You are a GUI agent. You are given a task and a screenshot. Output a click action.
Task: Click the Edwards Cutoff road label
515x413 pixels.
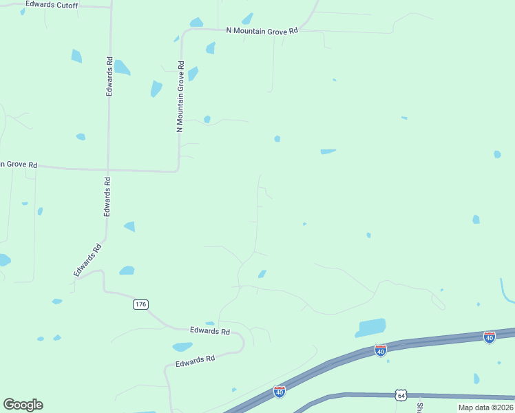pos(52,5)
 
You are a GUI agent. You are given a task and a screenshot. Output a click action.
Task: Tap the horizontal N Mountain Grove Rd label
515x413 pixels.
pos(262,31)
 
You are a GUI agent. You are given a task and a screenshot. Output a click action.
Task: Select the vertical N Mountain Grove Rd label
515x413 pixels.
pos(180,97)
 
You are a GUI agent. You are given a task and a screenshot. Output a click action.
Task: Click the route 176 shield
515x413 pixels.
pos(140,304)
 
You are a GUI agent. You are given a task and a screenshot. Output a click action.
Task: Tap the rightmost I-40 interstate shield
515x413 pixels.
pos(489,337)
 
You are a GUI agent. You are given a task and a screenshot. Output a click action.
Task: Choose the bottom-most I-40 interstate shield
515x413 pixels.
pos(280,392)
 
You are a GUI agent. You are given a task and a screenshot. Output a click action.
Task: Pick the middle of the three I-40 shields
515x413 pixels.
pos(380,350)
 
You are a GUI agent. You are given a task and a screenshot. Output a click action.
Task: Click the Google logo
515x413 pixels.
pos(23,405)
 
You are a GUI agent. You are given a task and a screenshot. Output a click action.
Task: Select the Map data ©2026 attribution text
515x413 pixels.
pos(485,407)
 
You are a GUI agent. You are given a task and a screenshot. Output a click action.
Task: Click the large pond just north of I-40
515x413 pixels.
pos(370,327)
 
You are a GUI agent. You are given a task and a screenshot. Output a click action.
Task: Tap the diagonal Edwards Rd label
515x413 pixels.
pos(87,261)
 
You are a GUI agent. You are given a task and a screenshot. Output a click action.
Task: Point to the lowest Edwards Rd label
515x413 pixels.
pos(195,360)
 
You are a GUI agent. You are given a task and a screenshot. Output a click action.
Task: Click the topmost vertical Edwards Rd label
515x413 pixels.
pos(109,76)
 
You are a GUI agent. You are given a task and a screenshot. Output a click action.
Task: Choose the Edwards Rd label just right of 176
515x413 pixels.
pos(209,330)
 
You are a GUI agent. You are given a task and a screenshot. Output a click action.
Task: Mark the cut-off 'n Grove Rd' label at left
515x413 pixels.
pos(19,165)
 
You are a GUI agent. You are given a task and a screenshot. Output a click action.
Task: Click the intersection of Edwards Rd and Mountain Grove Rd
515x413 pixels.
pos(107,169)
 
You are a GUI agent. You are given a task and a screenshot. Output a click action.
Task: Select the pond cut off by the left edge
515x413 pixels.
pos(3,260)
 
